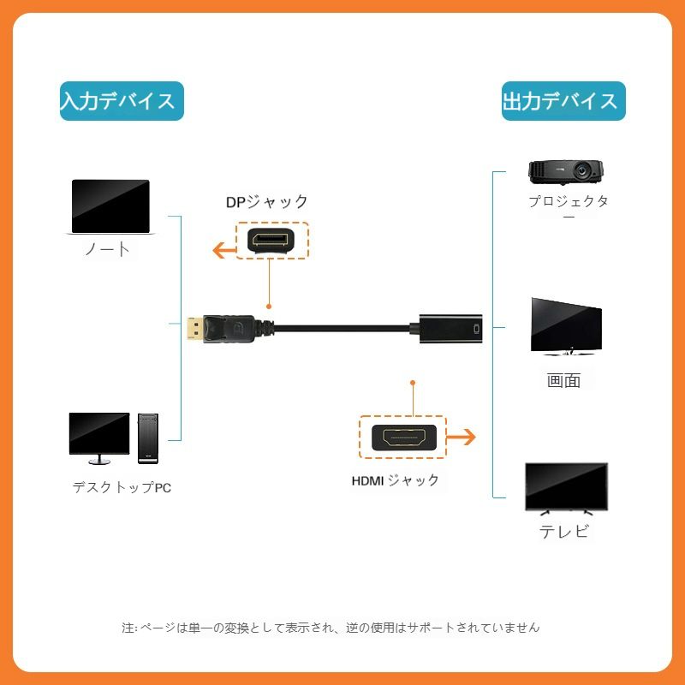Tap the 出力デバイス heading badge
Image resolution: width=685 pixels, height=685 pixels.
coord(563,101)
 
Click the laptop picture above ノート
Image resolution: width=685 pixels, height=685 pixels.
coord(110,207)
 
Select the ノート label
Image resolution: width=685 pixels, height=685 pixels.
coord(108,249)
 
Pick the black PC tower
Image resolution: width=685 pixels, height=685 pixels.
coord(149,438)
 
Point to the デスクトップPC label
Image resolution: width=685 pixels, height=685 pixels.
coord(122,488)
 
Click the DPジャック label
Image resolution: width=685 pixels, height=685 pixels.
coord(266,202)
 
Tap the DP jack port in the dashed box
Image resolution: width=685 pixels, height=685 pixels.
coord(271,241)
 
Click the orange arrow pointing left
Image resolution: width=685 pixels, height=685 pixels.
coord(226,250)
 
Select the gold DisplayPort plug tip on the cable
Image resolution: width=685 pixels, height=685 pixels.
coord(193,328)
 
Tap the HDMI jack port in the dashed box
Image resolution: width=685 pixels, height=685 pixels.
coord(403,439)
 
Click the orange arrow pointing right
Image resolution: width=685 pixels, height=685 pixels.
coord(462,437)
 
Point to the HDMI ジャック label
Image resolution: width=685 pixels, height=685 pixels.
coord(395,480)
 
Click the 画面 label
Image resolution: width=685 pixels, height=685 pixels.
coord(563,380)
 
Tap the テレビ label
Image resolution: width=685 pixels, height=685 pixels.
coord(564,531)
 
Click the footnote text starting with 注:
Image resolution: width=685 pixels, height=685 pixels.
coord(331,628)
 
